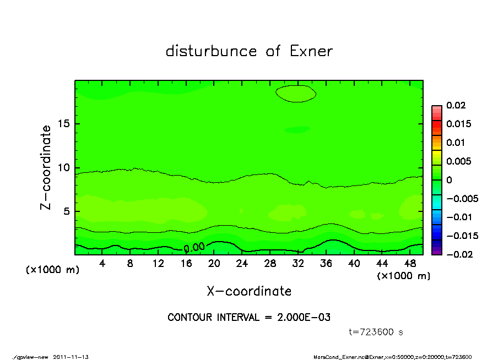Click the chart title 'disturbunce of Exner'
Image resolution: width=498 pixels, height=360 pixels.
point(249,51)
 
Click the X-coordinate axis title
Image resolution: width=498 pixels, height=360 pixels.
point(249,291)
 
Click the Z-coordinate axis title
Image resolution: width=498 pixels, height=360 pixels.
point(46,167)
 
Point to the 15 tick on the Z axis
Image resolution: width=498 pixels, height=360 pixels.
point(66,124)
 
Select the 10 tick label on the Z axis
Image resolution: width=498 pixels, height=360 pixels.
point(66,168)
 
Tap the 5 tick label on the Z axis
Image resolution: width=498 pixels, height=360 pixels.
point(68,211)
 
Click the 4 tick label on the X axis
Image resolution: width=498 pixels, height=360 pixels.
point(102,264)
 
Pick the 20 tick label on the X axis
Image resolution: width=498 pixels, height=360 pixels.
point(214,264)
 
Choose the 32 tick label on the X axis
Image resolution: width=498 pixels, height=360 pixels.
point(299,264)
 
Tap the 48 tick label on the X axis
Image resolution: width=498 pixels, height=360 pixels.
point(410,264)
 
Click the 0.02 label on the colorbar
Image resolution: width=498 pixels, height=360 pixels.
point(455,105)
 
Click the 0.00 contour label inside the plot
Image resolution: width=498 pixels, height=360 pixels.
point(194,248)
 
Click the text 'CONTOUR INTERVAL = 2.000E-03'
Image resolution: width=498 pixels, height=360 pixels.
point(249,318)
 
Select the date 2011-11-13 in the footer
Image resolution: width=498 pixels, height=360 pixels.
point(71,357)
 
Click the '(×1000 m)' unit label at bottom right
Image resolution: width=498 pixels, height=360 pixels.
point(404,276)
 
